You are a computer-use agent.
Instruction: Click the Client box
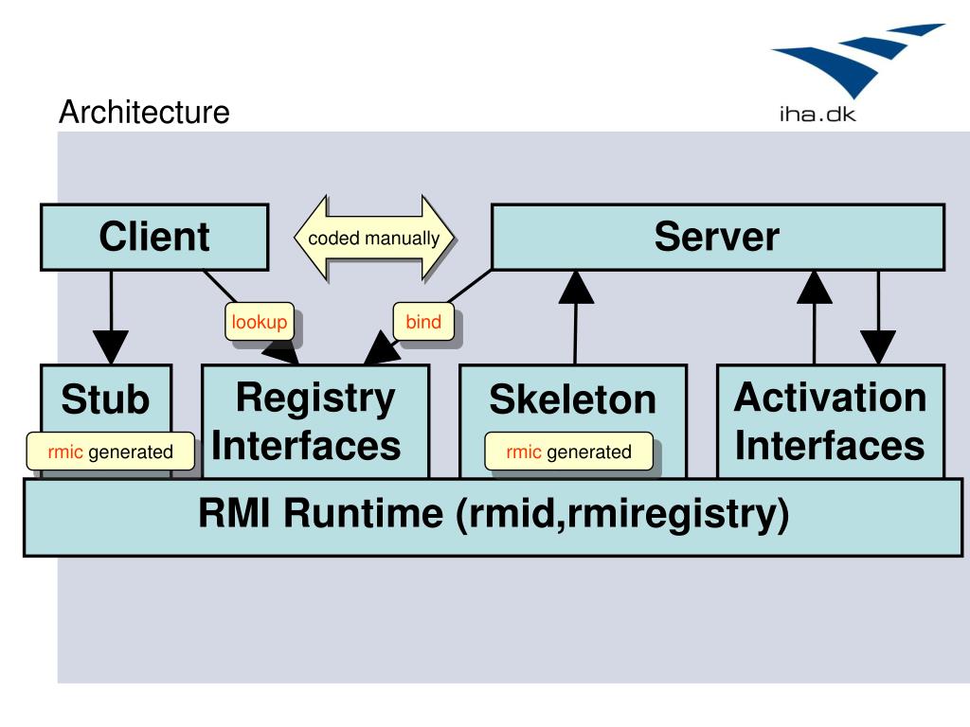pos(154,238)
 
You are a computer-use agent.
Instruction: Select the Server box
pos(718,238)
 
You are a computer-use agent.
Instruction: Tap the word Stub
pos(105,399)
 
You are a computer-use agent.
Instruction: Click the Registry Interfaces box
pos(315,421)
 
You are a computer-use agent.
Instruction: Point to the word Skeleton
pos(572,399)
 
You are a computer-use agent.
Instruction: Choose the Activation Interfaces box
pos(831,421)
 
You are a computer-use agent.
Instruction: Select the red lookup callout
pos(260,322)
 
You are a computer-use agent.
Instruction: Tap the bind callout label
pos(423,322)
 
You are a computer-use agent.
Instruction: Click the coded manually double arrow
pos(373,238)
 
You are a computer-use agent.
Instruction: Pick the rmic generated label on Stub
pos(110,452)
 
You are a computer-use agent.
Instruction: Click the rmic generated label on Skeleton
pos(568,452)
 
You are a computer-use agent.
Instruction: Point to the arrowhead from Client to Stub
pos(111,346)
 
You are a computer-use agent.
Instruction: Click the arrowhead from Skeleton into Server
pos(576,287)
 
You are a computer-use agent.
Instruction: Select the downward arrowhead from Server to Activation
pos(878,347)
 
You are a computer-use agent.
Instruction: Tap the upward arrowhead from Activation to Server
pos(814,287)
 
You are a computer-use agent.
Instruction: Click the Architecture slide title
pos(144,112)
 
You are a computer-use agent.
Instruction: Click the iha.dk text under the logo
pos(817,115)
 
